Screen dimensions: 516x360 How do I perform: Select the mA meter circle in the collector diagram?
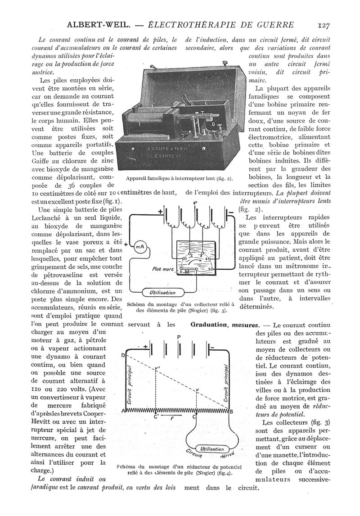tap(140, 246)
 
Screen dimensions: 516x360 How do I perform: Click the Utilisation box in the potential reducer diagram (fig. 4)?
tap(211, 449)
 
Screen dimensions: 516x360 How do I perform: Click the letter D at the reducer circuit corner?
tap(122, 355)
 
